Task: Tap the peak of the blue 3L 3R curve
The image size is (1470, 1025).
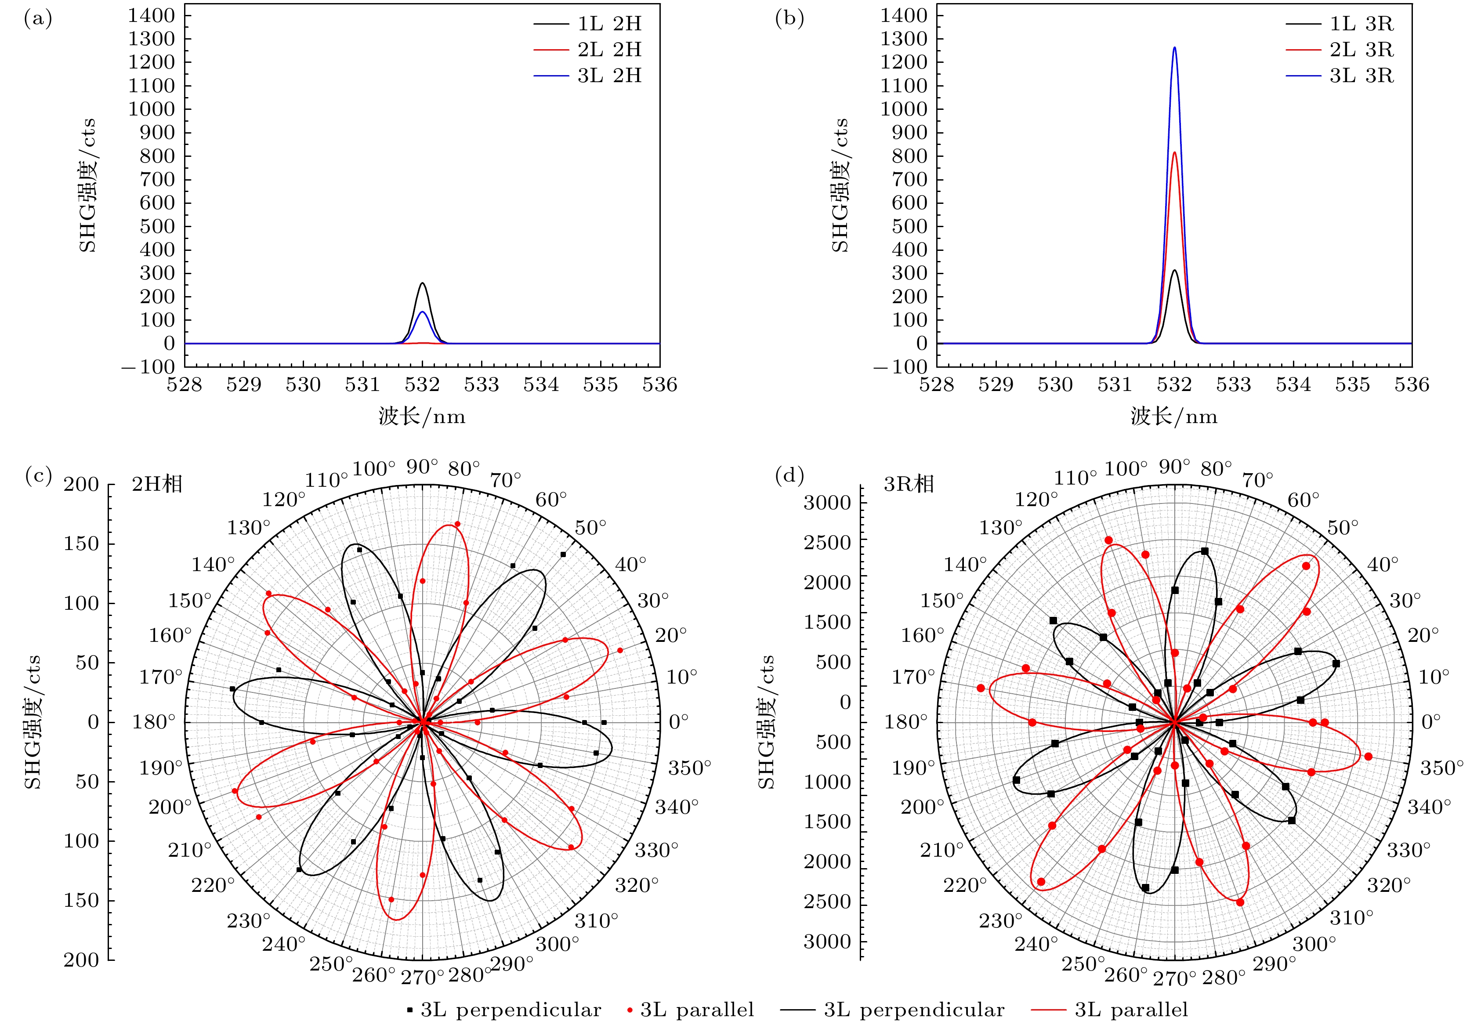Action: pos(1174,47)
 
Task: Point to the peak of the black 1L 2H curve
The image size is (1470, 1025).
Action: pos(422,283)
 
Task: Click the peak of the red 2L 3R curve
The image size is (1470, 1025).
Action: pos(1174,152)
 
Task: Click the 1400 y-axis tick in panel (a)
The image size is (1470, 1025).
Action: pos(151,15)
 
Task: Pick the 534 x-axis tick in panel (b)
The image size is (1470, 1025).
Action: pos(1293,385)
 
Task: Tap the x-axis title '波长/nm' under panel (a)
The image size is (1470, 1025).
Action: pos(422,417)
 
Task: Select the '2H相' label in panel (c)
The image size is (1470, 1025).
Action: pos(157,484)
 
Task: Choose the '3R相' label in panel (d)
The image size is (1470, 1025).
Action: pos(909,484)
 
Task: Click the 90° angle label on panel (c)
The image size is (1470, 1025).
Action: pos(422,467)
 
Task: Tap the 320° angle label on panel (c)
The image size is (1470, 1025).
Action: pos(637,885)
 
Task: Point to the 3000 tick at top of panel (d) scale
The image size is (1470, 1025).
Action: pos(827,503)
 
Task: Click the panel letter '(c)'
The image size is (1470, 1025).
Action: pos(38,476)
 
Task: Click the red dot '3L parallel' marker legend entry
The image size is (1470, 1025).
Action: pos(690,1010)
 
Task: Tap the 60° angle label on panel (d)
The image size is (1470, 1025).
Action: pos(1303,500)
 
